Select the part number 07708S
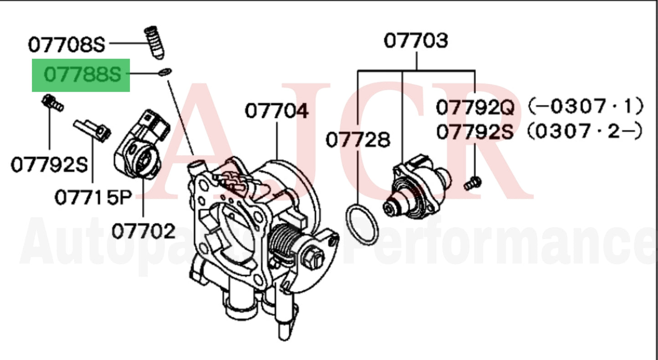point(66,45)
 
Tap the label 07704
point(276,111)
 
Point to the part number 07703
point(416,41)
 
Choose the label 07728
point(358,140)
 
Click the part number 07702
point(143,231)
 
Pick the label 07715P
point(93,197)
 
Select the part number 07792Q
point(475,108)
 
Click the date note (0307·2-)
point(586,132)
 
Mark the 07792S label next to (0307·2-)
point(475,133)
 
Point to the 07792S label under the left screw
point(49,165)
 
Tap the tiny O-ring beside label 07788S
point(166,72)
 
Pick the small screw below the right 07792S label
point(472,183)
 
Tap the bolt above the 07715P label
point(93,129)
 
